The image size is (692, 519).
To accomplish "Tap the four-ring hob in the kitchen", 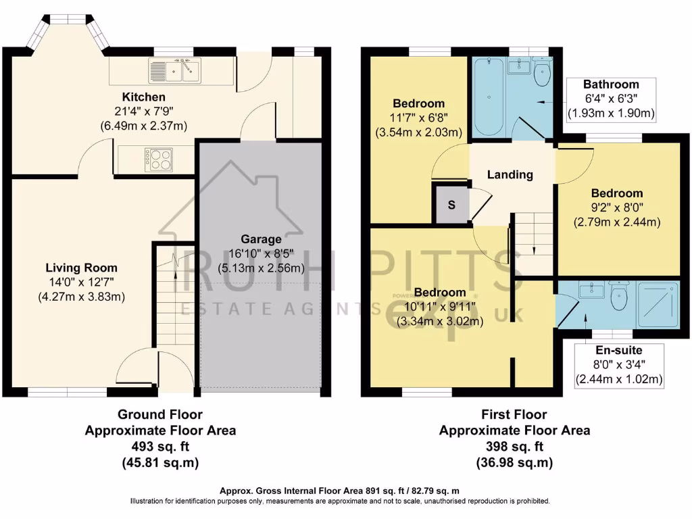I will [158, 158].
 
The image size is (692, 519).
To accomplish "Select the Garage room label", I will [261, 239].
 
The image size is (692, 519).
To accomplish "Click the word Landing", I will [510, 174].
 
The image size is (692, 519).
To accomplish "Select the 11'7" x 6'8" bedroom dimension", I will [419, 118].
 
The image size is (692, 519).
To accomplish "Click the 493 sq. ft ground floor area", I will [160, 447].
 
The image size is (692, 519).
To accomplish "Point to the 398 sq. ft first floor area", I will [514, 447].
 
